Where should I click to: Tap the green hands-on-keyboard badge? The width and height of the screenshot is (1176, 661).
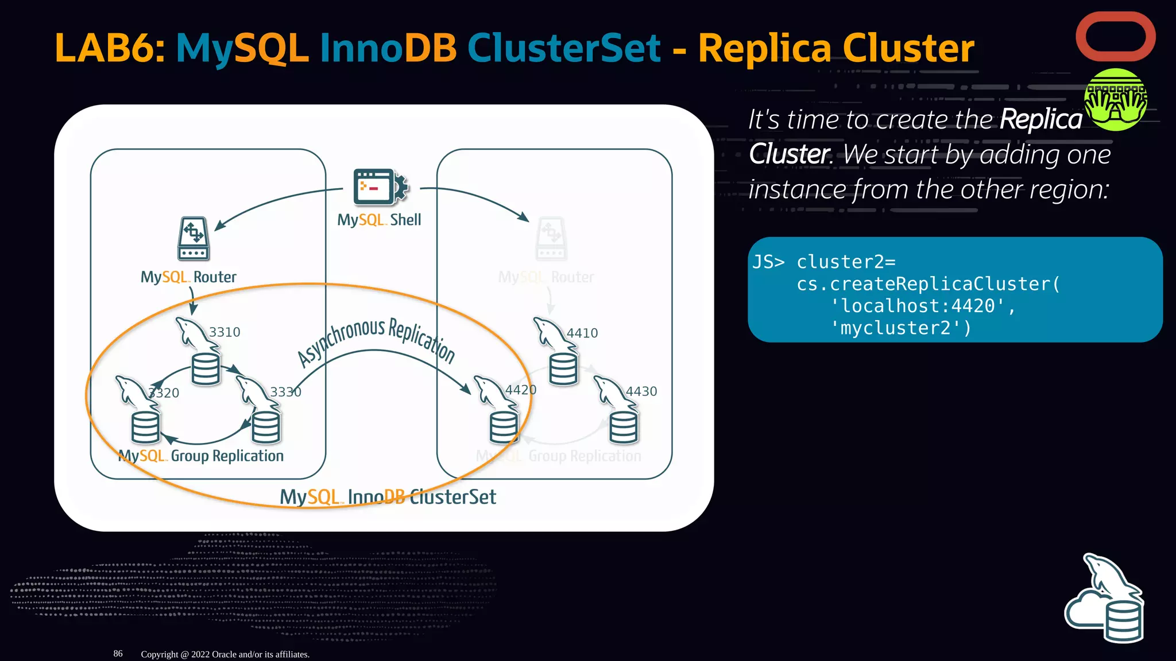pyautogui.click(x=1115, y=100)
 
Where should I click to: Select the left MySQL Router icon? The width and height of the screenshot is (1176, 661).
pyautogui.click(x=194, y=239)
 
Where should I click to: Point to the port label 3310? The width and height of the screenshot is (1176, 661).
pyautogui.click(x=225, y=332)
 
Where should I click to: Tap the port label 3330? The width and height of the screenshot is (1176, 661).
pyautogui.click(x=285, y=392)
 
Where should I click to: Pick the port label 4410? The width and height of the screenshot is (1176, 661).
pyautogui.click(x=582, y=333)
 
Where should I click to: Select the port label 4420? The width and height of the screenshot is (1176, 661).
pyautogui.click(x=520, y=390)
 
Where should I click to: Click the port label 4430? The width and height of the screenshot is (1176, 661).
pyautogui.click(x=641, y=391)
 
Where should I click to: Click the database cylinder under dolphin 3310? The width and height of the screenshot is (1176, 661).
pyautogui.click(x=205, y=368)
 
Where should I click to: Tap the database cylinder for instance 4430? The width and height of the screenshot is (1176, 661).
pyautogui.click(x=624, y=428)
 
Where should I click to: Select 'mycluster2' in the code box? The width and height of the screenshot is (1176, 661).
pyautogui.click(x=900, y=328)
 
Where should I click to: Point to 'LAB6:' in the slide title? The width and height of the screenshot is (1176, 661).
pyautogui.click(x=110, y=48)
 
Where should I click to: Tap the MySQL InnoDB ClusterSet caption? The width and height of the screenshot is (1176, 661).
pyautogui.click(x=388, y=497)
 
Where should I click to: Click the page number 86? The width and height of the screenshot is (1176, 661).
pyautogui.click(x=118, y=654)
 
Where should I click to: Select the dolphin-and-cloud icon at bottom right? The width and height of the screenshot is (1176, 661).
pyautogui.click(x=1104, y=600)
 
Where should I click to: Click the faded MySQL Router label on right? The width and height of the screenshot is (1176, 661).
pyautogui.click(x=546, y=277)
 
